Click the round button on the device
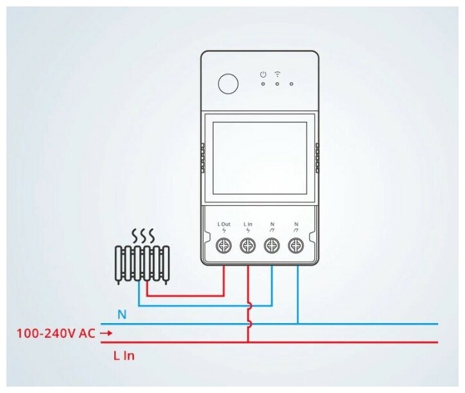227,83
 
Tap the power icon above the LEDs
263,74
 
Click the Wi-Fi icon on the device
277,74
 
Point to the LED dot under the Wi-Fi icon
277,83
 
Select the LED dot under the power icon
263,83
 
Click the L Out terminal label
223,225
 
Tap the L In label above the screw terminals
248,225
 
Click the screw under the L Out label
224,245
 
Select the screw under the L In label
248,245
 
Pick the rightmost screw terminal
296,245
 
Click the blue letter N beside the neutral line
122,315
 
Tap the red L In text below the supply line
123,355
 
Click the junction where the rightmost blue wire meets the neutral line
298,324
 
